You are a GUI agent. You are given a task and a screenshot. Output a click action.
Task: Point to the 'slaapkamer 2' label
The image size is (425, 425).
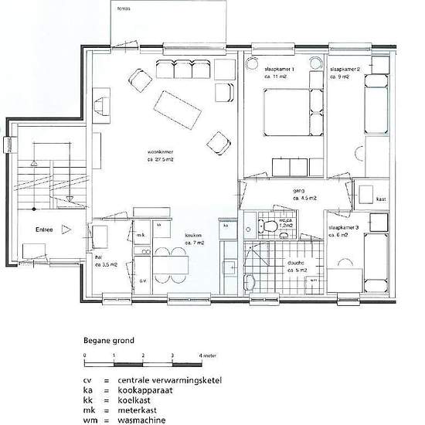(345, 68)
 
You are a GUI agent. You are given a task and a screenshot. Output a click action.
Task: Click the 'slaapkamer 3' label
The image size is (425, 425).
(342, 228)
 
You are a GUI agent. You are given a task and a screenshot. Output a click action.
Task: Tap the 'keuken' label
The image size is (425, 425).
(193, 236)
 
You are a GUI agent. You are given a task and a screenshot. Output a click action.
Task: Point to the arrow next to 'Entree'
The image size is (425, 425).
(66, 229)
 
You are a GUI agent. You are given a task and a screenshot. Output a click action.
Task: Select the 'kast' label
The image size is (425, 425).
(381, 199)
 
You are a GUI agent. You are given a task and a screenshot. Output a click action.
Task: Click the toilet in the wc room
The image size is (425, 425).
(267, 226)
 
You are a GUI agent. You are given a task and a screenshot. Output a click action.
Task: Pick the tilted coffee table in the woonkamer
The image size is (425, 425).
(178, 111)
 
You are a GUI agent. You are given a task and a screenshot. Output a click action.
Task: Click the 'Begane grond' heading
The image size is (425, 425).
(109, 340)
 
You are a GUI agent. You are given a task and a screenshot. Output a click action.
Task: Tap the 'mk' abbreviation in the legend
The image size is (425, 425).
(88, 411)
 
